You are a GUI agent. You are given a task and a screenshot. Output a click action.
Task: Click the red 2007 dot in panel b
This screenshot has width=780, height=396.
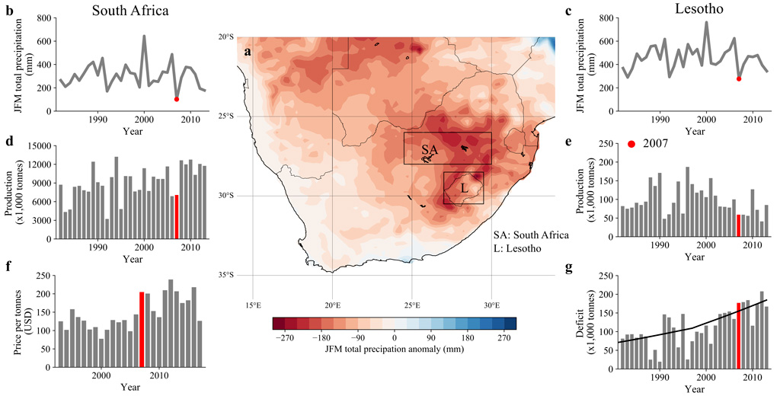(x=177, y=99)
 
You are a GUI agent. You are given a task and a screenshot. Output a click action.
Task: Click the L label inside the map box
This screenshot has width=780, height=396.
(x=464, y=187)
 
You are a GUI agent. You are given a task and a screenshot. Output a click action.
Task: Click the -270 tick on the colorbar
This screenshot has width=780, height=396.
(x=286, y=336)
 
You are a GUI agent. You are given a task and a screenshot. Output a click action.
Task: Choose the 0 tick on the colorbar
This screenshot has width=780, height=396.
(x=395, y=336)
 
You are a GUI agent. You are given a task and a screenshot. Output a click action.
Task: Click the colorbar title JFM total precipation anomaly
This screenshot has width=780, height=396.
(x=395, y=349)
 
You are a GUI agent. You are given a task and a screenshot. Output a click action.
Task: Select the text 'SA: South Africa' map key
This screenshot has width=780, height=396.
(x=531, y=235)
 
